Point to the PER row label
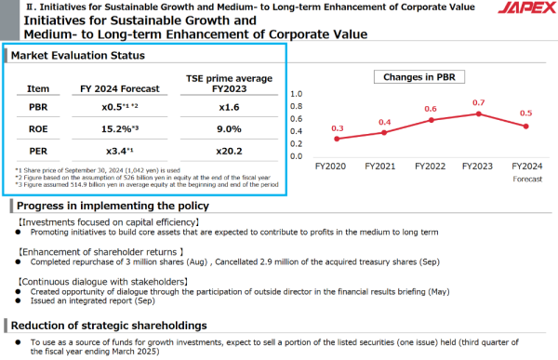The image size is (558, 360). [x=38, y=152]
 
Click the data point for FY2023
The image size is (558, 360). [x=478, y=113]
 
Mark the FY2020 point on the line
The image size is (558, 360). [x=337, y=139]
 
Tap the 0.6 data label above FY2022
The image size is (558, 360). [x=431, y=109]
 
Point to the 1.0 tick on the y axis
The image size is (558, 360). [x=297, y=94]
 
